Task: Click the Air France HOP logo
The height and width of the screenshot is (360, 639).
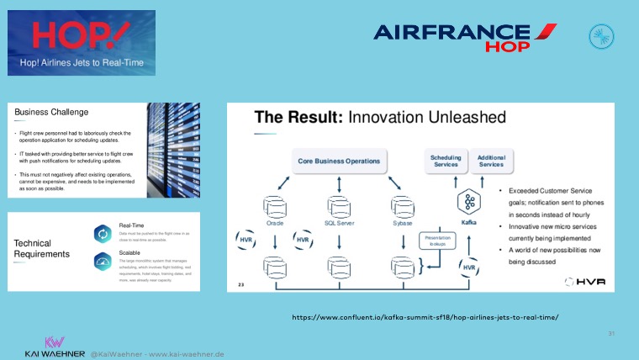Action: (x=465, y=37)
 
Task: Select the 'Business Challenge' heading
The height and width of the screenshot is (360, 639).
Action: (x=51, y=112)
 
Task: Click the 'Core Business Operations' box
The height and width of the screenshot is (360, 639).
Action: (x=339, y=160)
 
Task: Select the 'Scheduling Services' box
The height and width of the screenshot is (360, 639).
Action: (x=445, y=160)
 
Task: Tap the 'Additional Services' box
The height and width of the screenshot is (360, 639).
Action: (x=491, y=160)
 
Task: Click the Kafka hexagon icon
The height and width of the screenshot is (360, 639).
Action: (x=469, y=202)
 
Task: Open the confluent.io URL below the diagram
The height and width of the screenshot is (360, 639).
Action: (x=425, y=317)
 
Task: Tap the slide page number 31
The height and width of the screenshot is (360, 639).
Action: (x=611, y=333)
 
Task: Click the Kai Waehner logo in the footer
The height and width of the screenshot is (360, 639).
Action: (x=55, y=347)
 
